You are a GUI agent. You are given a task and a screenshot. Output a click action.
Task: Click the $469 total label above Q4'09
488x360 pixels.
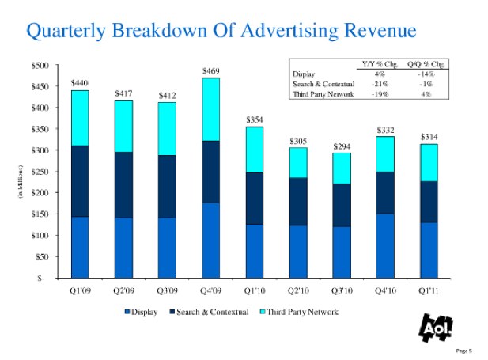(x=210, y=71)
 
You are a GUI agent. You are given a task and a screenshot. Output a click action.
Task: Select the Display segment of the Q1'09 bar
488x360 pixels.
(x=79, y=247)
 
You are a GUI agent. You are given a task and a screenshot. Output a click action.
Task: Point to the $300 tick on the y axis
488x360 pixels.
(x=37, y=150)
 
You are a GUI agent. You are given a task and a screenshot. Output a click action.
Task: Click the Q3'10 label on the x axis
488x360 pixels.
(x=342, y=290)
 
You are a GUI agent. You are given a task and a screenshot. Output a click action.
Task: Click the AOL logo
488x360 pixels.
(x=428, y=326)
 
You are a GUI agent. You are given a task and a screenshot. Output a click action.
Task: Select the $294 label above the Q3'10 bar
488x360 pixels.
(x=342, y=146)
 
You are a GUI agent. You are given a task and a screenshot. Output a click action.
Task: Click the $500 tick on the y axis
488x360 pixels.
(x=37, y=65)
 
